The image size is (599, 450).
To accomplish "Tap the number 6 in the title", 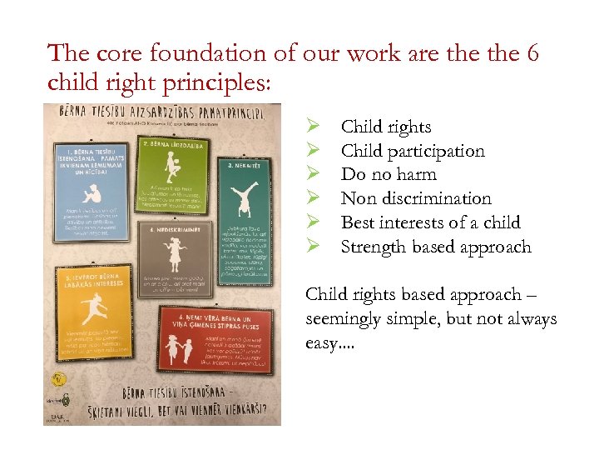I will point(531,54).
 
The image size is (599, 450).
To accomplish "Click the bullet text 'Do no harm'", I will point(389,174).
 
